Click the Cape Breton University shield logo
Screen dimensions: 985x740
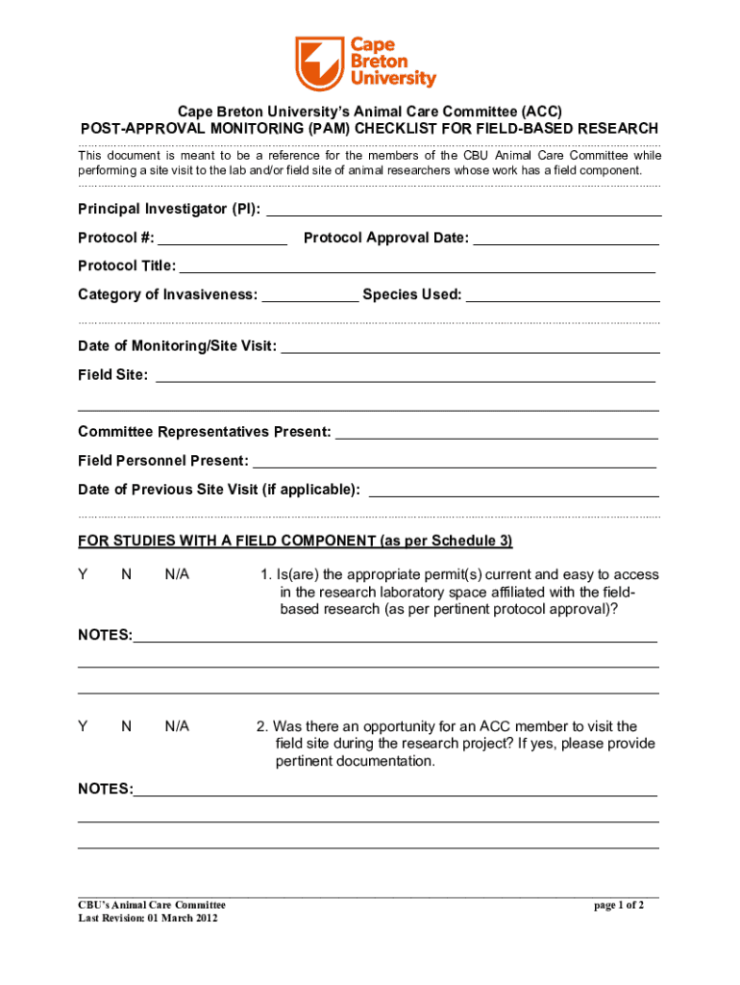click(319, 63)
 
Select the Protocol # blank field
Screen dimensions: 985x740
click(222, 240)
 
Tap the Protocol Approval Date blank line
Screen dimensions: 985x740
click(566, 240)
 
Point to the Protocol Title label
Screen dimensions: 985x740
click(127, 265)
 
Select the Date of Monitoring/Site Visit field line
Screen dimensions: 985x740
click(470, 348)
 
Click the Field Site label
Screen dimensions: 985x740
click(112, 375)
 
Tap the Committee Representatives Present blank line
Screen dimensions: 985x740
click(497, 435)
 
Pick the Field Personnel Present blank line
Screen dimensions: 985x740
click(454, 464)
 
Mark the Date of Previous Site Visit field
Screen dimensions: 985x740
click(514, 492)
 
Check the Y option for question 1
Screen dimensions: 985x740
click(84, 574)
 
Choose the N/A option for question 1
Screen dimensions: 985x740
click(177, 574)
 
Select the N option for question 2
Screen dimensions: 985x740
click(126, 726)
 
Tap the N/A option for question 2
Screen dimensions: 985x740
click(177, 726)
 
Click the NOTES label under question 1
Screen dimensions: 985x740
click(105, 636)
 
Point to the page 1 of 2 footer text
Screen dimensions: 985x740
click(619, 904)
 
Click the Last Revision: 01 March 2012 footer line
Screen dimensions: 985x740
click(148, 919)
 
